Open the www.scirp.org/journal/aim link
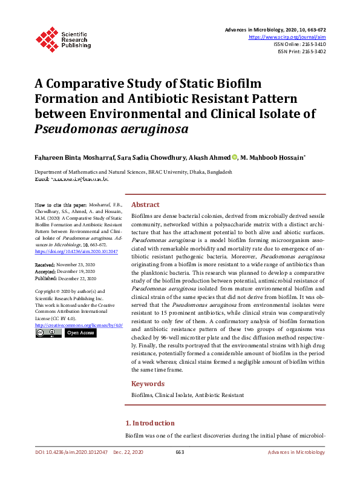point(287,37)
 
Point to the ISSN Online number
point(309,44)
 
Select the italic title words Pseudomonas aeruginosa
point(112,129)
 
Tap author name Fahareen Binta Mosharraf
point(74,157)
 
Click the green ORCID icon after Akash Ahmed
point(235,157)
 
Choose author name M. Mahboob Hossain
point(272,157)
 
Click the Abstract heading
point(145,205)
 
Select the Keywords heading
point(148,384)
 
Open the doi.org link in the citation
point(76,251)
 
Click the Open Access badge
point(80,333)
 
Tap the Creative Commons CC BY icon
point(48,333)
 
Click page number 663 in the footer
point(179,452)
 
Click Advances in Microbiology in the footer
point(296,452)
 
